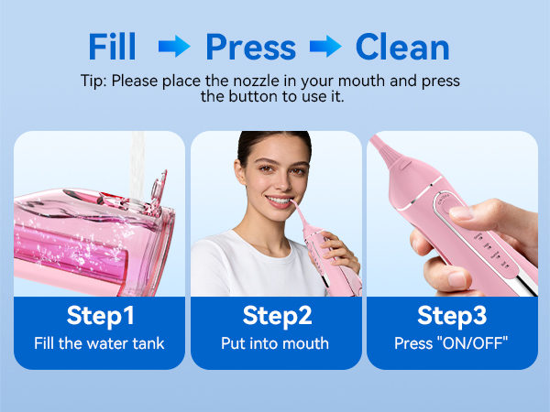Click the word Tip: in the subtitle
point(93,81)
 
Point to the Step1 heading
point(101,316)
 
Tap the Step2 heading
point(277,316)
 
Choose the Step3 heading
point(452,316)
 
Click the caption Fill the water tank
point(101,344)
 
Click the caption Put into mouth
point(275,344)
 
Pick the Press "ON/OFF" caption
point(452,344)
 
